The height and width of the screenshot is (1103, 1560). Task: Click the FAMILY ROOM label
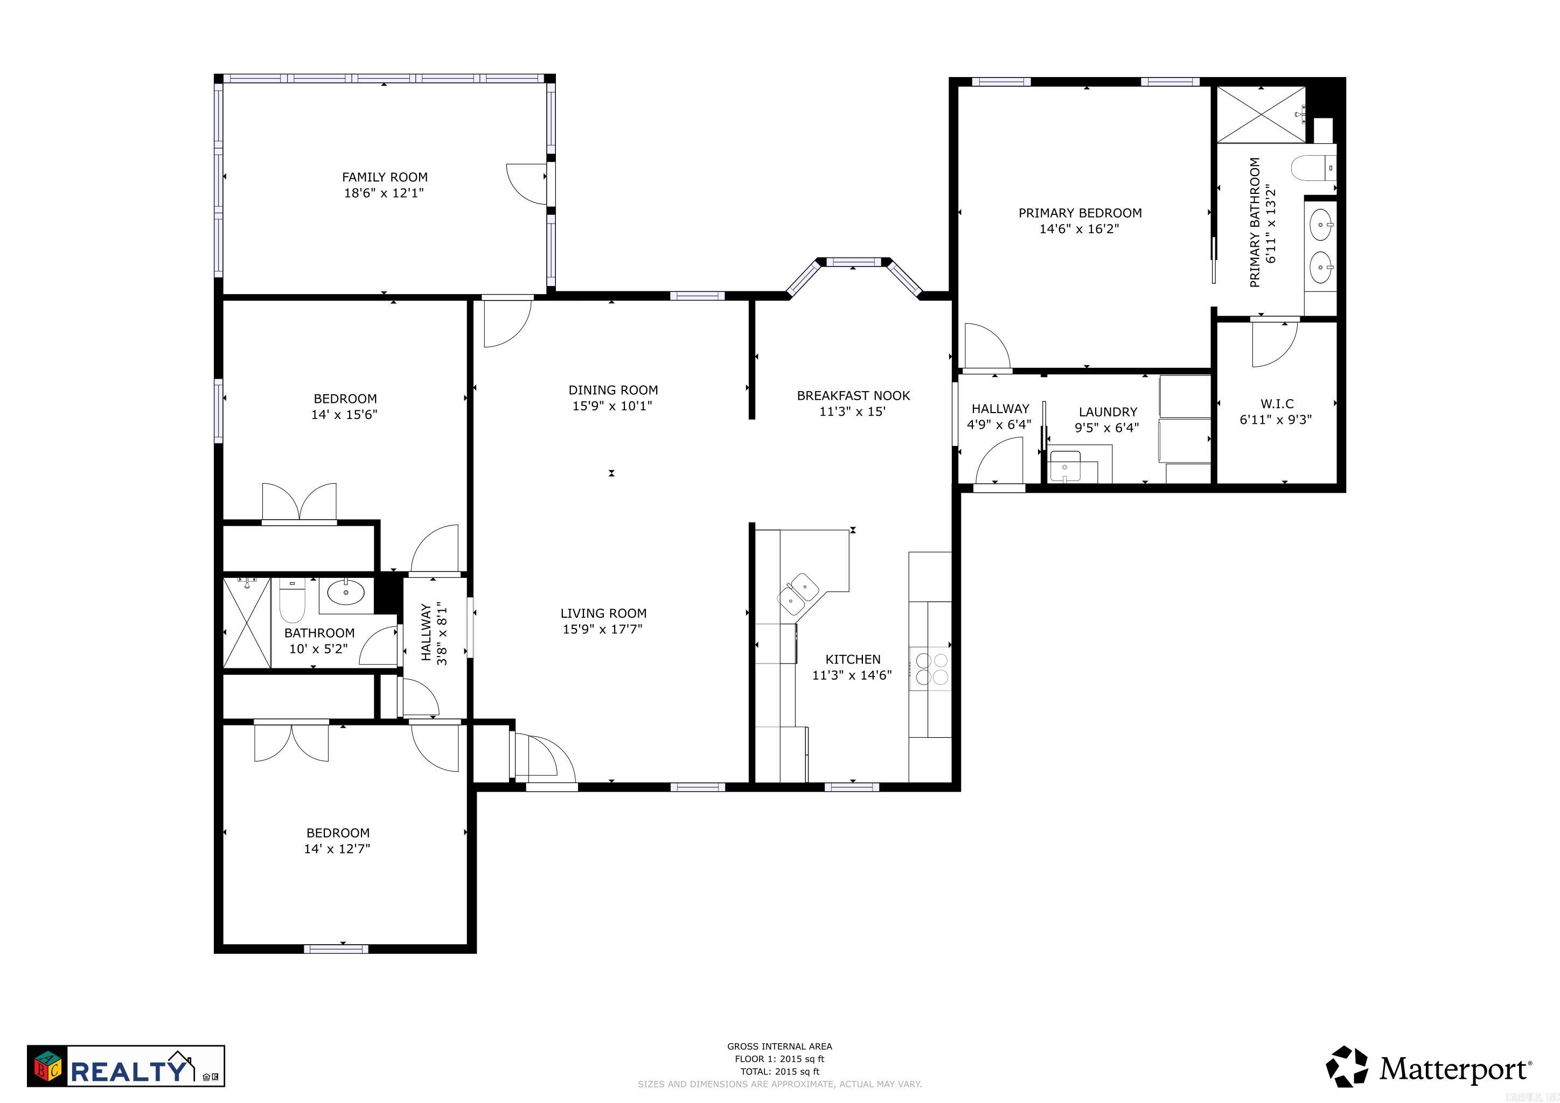click(x=385, y=177)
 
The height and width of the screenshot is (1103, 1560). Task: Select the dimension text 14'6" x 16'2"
click(x=1079, y=229)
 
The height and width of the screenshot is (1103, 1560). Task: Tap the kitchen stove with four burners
click(x=931, y=668)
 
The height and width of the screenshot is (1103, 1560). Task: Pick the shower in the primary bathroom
click(x=1260, y=114)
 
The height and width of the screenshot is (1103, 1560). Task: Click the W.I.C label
click(x=1277, y=403)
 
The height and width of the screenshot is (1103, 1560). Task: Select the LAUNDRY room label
click(x=1108, y=411)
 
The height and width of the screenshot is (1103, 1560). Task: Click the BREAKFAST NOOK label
click(x=853, y=395)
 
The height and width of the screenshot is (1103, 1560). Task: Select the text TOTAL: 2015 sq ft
click(x=779, y=1072)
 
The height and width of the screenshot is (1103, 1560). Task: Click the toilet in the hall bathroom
click(x=292, y=602)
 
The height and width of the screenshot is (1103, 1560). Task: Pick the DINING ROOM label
click(x=613, y=390)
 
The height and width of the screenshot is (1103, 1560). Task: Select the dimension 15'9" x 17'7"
click(x=602, y=629)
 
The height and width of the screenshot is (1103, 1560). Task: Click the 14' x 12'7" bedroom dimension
click(x=337, y=848)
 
